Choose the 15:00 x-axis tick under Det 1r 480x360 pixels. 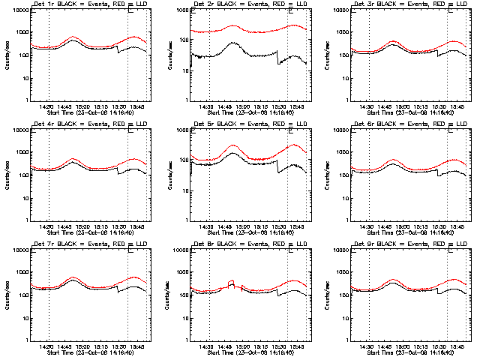coord(82,107)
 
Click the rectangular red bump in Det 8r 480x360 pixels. coord(231,283)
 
